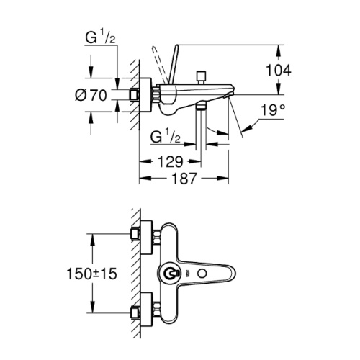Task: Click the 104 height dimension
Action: point(279,71)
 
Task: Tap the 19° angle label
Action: point(272,110)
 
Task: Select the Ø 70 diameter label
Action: point(91,95)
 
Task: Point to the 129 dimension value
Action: point(171,162)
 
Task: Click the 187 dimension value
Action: point(184,179)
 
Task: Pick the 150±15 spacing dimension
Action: point(92,274)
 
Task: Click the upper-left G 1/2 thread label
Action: point(100,37)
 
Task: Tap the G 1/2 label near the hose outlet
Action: point(166,138)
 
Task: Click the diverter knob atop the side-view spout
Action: point(201,77)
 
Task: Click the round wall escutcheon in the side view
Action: point(145,95)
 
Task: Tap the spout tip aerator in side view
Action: point(227,96)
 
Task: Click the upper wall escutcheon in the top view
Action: point(146,237)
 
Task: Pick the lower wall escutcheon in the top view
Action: point(146,310)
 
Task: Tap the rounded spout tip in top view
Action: point(231,273)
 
